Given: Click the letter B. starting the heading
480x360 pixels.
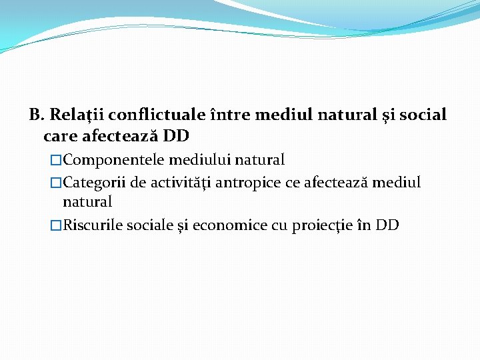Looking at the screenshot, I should (x=37, y=115).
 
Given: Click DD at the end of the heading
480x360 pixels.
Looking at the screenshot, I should (x=176, y=136).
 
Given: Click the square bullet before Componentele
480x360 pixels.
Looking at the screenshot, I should (x=56, y=161).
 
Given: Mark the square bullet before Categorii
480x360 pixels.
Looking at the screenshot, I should (x=56, y=183).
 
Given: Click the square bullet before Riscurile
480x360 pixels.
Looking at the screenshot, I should (x=56, y=225).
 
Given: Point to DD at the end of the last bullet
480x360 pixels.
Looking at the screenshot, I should (x=387, y=225).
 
